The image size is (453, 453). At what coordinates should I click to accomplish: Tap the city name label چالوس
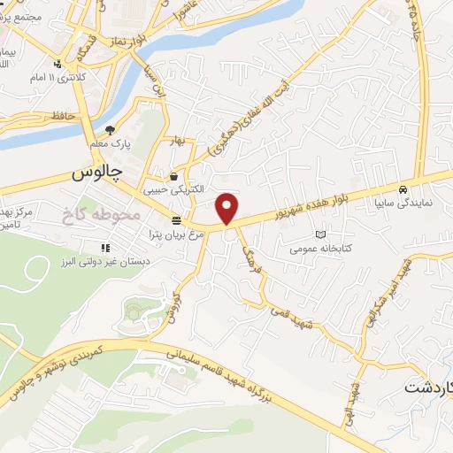tap(96, 175)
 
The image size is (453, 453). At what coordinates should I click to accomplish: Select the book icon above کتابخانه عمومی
tap(319, 235)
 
